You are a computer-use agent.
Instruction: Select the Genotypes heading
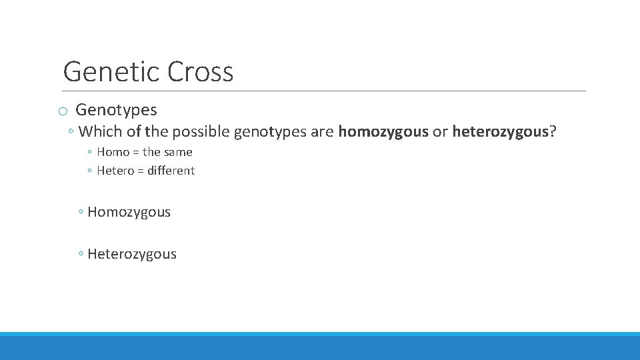pos(116,110)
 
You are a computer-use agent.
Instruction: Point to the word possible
pos(201,131)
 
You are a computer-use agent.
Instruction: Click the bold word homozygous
pos(383,131)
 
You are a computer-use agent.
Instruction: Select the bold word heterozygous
pos(501,131)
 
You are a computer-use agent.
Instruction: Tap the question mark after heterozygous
pos(553,131)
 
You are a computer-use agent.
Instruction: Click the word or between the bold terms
pos(440,131)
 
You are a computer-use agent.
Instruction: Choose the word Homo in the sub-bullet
pos(113,152)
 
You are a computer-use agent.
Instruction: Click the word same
pos(178,152)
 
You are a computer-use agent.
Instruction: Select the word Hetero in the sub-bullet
pos(115,171)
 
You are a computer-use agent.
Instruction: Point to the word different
pos(171,171)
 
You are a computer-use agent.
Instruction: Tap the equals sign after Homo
pos(135,152)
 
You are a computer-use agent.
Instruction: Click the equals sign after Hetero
pos(140,171)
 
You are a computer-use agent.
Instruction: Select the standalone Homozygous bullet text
pos(129,213)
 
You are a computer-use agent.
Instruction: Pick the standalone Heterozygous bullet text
pos(132,254)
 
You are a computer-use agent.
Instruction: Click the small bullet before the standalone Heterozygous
pos(80,255)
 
